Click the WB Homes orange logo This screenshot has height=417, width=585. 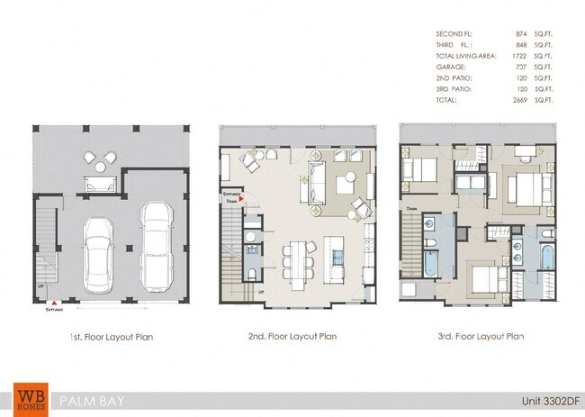click(x=28, y=396)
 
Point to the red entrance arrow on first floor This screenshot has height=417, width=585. click(x=56, y=302)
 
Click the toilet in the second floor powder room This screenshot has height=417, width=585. click(x=254, y=273)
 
